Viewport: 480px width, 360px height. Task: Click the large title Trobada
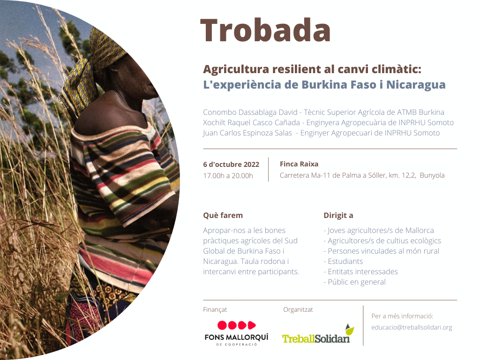265,30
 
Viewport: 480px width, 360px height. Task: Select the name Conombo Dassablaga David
250,112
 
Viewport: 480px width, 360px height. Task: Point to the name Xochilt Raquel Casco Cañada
251,123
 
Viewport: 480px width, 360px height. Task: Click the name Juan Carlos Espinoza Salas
247,133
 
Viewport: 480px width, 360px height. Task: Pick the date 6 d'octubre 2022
231,165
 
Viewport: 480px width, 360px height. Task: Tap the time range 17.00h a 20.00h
228,176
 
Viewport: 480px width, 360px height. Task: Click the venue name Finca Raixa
299,164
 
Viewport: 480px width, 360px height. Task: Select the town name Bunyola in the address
432,175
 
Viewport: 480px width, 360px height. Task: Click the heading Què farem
223,216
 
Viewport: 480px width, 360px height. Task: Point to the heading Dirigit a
338,216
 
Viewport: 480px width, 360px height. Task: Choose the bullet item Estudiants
345,262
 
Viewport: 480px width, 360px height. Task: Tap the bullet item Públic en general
357,282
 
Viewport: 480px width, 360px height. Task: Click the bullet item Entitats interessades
363,271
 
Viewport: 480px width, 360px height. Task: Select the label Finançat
215,309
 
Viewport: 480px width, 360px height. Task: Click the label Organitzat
298,309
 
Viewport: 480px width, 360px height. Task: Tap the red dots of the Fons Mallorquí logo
236,325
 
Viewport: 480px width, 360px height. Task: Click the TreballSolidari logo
318,334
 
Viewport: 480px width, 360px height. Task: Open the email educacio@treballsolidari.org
412,327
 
